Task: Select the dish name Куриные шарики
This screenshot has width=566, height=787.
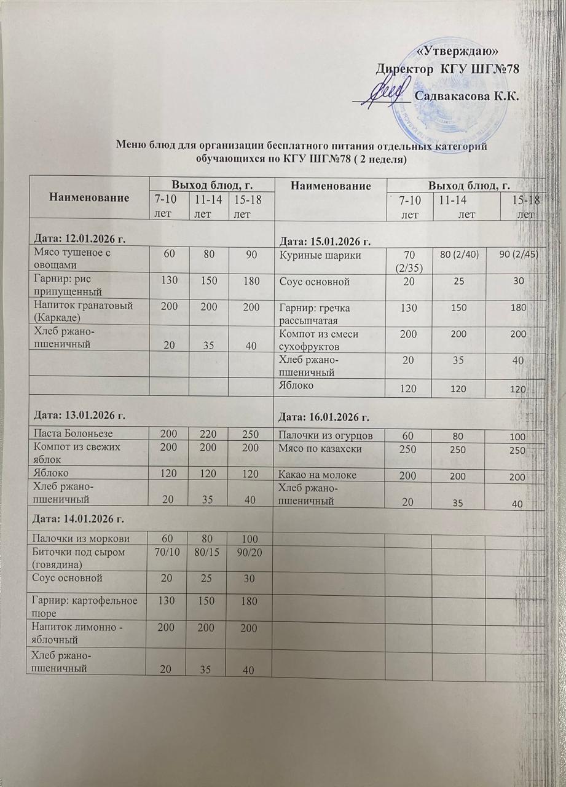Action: pos(313,254)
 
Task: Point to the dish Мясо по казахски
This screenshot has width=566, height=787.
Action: pos(318,450)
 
